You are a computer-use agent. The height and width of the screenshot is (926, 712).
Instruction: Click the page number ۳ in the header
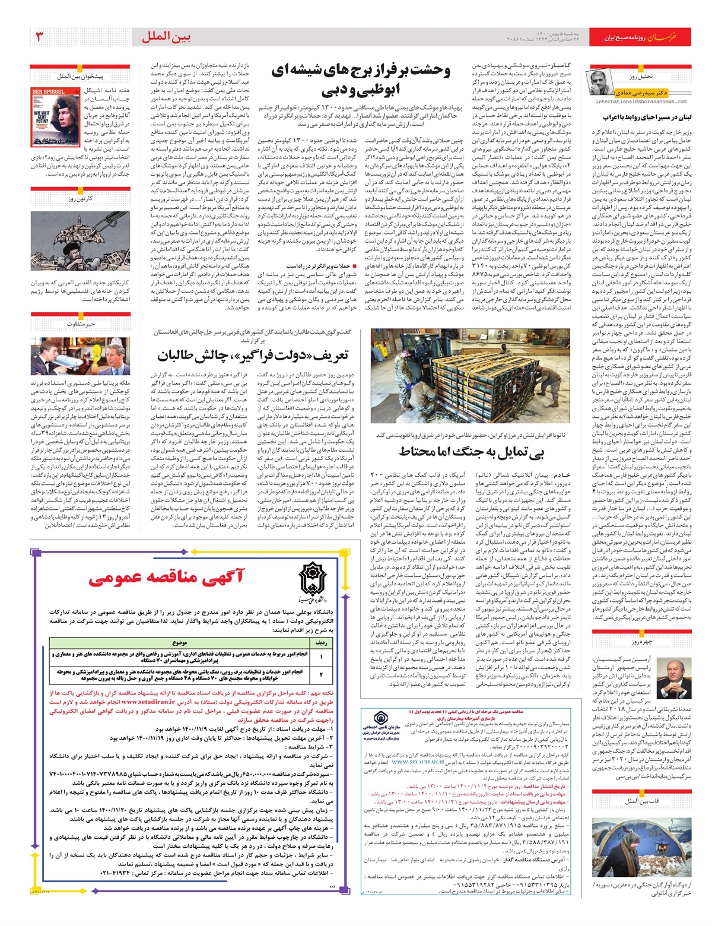(x=40, y=37)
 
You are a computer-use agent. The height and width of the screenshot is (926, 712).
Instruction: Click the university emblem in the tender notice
(x=312, y=580)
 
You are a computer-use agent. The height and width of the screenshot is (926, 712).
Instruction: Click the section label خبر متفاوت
(x=80, y=325)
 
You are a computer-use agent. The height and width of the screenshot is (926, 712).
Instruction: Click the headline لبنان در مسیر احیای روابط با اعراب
(x=643, y=118)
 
